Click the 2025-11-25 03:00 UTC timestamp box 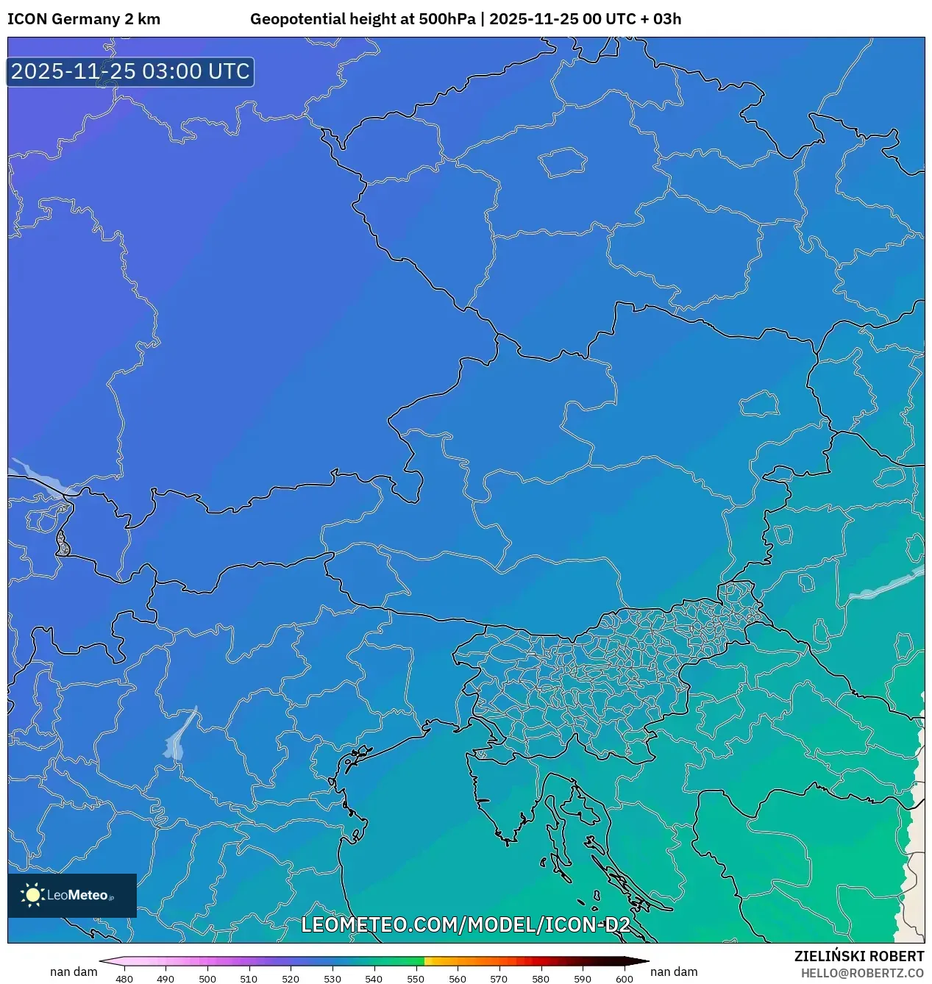130,72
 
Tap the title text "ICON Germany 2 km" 84,19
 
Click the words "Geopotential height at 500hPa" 363,19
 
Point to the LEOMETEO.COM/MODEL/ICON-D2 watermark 466,924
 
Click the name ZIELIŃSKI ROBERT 858,956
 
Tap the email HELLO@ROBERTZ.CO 862,973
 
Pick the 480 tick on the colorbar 124,978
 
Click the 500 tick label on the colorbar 207,978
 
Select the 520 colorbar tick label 291,978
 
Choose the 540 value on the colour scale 374,978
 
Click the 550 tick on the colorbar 416,978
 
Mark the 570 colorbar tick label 499,978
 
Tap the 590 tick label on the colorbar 582,978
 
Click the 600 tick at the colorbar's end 624,978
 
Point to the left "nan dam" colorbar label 74,971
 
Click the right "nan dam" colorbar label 674,971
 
